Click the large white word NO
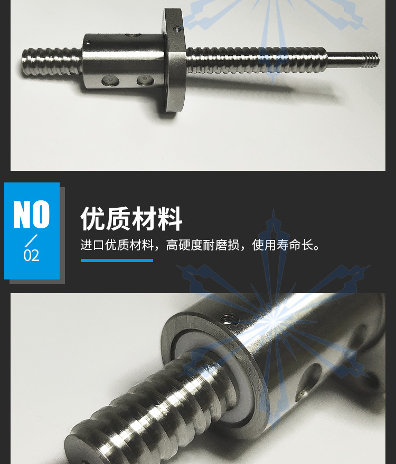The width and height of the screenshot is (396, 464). click(32, 214)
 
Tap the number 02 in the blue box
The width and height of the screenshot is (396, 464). click(32, 255)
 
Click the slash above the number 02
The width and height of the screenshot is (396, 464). click(31, 240)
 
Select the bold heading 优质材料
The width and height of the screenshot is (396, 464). click(131, 219)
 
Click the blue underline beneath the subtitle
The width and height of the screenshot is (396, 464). click(117, 260)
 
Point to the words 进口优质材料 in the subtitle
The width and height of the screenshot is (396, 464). click(117, 245)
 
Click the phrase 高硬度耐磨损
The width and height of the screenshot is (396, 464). click(202, 245)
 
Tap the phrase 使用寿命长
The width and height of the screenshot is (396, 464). click(282, 245)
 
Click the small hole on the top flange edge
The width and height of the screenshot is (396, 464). click(177, 28)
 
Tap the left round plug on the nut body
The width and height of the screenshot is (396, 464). click(110, 80)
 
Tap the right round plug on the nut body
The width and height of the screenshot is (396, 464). click(145, 80)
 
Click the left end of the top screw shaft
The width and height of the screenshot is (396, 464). click(24, 62)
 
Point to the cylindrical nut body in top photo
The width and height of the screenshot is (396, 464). click(124, 61)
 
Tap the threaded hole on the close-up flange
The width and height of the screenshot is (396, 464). click(230, 319)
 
